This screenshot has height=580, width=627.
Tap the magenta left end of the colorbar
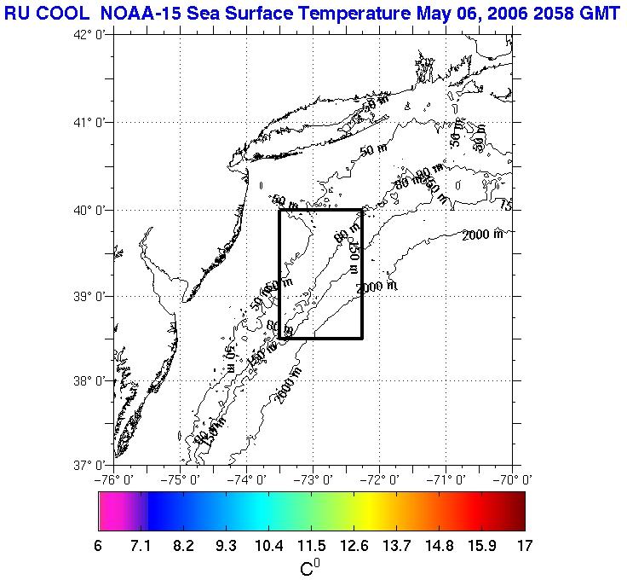(111, 512)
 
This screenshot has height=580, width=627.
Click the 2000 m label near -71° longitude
(482, 235)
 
